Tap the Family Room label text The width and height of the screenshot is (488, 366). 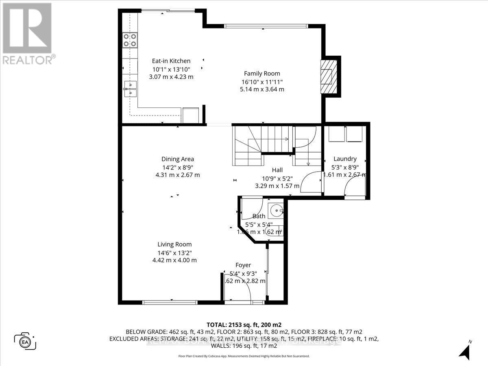pyautogui.click(x=262, y=74)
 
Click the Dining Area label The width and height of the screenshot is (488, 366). pyautogui.click(x=177, y=159)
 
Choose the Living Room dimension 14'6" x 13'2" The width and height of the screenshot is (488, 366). pyautogui.click(x=174, y=253)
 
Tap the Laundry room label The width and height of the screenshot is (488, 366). pyautogui.click(x=345, y=159)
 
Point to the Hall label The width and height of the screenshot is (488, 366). pyautogui.click(x=277, y=170)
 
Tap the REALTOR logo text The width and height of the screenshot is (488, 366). pyautogui.click(x=28, y=60)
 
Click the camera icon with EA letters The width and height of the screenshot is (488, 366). pyautogui.click(x=25, y=341)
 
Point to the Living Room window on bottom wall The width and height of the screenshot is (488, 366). pyautogui.click(x=170, y=302)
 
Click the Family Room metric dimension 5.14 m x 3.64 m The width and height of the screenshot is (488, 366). pyautogui.click(x=262, y=89)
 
